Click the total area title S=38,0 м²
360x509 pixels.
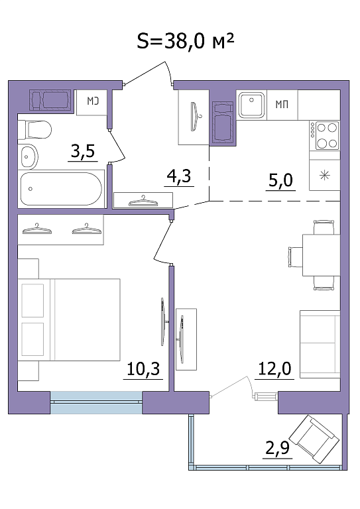coord(186,42)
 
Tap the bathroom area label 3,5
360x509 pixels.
coord(83,151)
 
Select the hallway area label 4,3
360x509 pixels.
coord(179,176)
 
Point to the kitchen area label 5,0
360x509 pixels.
coord(281,180)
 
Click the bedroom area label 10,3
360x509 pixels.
coord(143,368)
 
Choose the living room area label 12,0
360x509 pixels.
coord(274,368)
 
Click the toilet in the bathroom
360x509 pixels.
coord(34,130)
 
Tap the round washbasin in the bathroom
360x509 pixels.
coord(28,157)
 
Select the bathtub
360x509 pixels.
coord(62,189)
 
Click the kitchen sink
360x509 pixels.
coord(251,105)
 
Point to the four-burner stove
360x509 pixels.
coord(324,135)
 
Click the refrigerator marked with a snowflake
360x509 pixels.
coord(324,176)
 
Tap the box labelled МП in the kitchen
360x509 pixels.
coord(282,105)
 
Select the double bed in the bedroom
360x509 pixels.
coord(69,319)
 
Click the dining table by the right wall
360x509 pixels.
coord(321,254)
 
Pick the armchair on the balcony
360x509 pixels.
coord(314,439)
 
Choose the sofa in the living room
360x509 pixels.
coord(320,344)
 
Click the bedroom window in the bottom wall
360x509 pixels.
coord(96,402)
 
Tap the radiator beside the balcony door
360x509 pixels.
coord(266,396)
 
